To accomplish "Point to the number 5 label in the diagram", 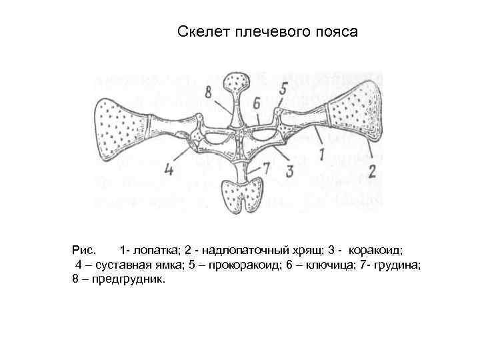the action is tap(283, 87).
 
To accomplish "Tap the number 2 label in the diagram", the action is tap(371, 171).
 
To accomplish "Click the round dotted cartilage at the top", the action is tap(237, 83).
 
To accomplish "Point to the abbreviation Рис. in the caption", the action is tap(85, 251).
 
